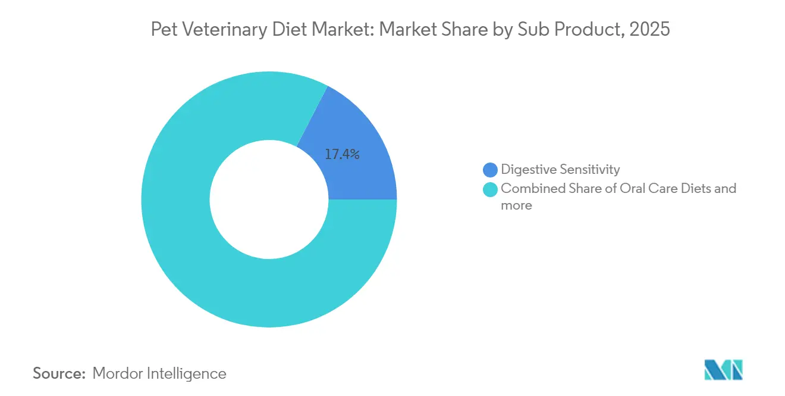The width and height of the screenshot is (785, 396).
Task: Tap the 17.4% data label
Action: pos(342,155)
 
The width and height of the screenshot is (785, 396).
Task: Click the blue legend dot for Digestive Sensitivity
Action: pos(490,170)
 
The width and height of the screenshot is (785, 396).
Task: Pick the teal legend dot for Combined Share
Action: pos(490,189)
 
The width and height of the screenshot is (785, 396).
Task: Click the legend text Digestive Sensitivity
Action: pos(560,170)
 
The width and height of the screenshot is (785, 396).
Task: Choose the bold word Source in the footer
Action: pos(59,373)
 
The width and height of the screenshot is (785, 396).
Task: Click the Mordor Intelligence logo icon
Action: pos(723,370)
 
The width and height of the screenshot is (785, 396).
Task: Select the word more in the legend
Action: pos(516,206)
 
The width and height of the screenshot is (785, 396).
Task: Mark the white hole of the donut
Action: pos(269,199)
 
